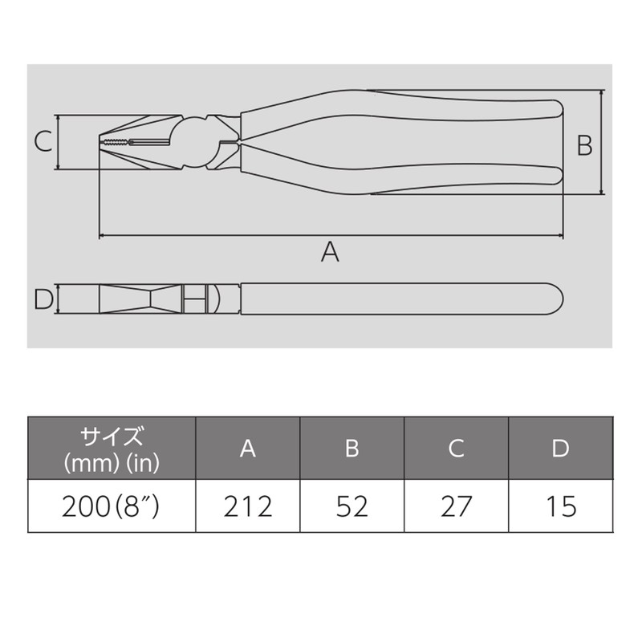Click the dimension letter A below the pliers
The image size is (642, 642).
(x=330, y=252)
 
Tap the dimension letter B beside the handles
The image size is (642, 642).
(x=584, y=145)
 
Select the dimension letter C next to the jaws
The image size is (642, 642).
(x=43, y=142)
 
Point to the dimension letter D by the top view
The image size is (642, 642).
(x=43, y=299)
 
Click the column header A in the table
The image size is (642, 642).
(x=248, y=449)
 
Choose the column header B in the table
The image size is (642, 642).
(x=352, y=449)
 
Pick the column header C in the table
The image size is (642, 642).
(x=456, y=449)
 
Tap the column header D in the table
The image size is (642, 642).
(x=560, y=449)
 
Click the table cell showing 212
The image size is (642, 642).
(x=248, y=506)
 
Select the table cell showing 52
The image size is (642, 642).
(x=352, y=506)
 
